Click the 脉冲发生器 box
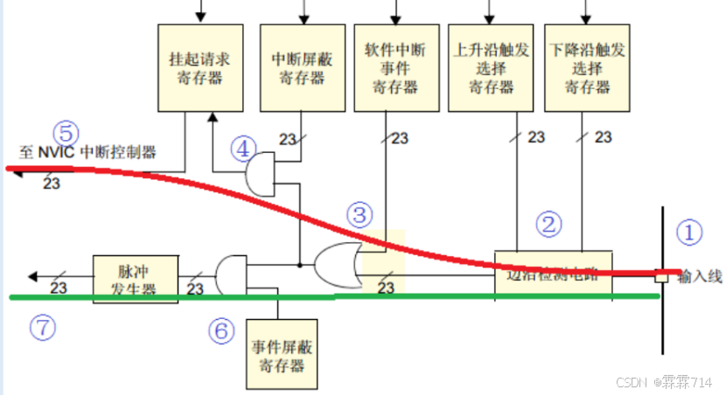tap(136, 278)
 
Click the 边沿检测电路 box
tap(553, 273)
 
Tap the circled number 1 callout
tap(690, 233)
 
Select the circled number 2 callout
tap(548, 224)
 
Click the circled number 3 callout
tap(359, 212)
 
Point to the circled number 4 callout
tap(243, 149)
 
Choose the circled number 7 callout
tap(41, 327)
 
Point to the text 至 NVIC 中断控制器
tap(87, 152)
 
